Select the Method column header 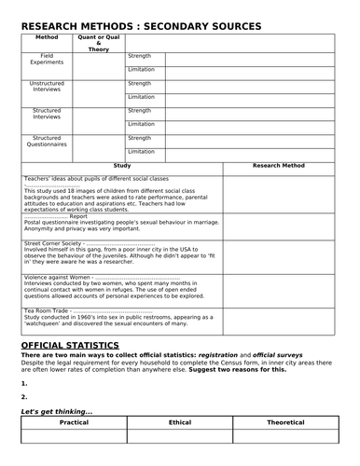pos(47,38)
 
